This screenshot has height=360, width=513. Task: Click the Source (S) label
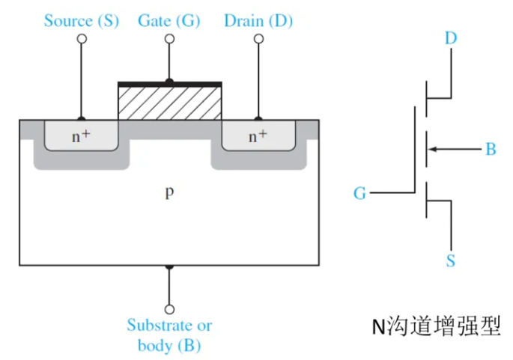[82, 21]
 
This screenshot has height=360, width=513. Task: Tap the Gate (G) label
[169, 21]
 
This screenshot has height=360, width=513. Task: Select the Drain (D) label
[258, 21]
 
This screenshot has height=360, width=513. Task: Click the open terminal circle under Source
[82, 39]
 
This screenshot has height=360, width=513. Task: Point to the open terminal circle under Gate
[169, 39]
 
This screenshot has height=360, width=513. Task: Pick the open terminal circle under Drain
[259, 39]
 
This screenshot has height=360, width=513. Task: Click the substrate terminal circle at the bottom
[169, 309]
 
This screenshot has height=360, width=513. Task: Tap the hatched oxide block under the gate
[169, 103]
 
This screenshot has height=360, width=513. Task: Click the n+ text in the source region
[81, 136]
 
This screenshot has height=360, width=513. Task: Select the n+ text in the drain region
[258, 136]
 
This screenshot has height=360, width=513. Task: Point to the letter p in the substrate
[169, 193]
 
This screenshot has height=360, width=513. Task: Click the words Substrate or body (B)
[169, 335]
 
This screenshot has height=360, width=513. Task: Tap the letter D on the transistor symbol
[451, 38]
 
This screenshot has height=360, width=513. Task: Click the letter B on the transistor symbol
[491, 149]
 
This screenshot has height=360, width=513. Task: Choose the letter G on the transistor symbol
[359, 193]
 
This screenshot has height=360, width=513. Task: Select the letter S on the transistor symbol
[451, 261]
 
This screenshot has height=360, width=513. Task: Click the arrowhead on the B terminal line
[433, 150]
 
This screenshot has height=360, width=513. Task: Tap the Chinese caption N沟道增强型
[437, 326]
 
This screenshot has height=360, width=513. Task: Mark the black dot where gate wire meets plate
[169, 81]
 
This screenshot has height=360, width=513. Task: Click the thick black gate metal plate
[169, 85]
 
